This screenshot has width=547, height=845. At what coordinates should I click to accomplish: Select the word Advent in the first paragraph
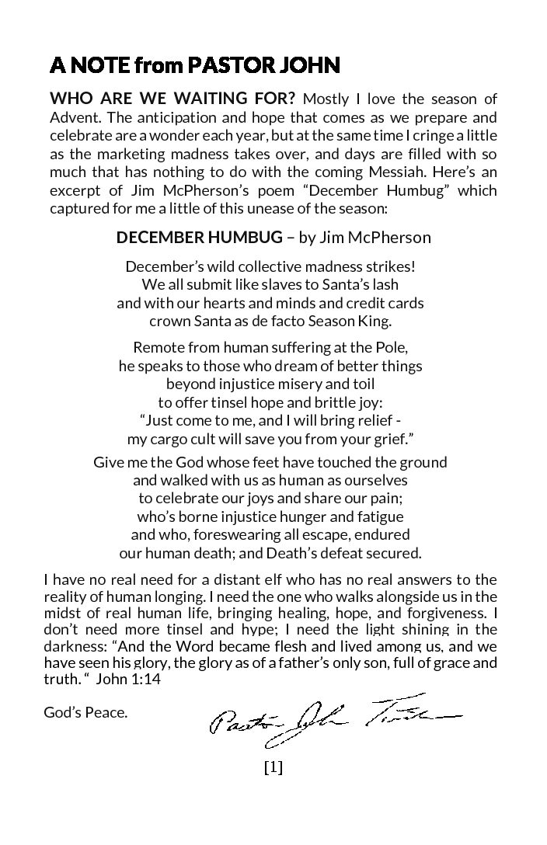pyautogui.click(x=73, y=117)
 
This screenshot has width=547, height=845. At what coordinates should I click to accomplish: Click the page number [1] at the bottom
pyautogui.click(x=273, y=767)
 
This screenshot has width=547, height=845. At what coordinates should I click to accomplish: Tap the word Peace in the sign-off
pyautogui.click(x=106, y=712)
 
